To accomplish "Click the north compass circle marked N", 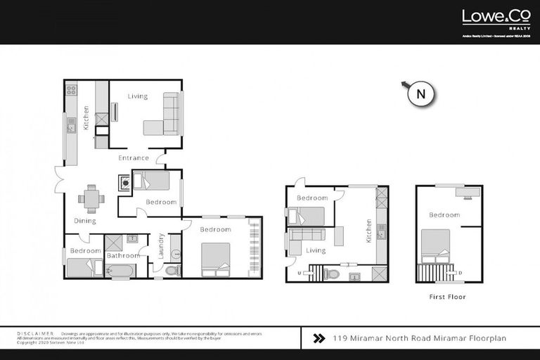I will click(x=420, y=93).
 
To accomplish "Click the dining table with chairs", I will click(x=91, y=198).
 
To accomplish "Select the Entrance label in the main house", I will click(x=133, y=157).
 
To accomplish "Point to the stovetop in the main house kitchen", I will click(x=71, y=90).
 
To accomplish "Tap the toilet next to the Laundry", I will click(x=174, y=269).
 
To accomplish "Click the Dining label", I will click(x=85, y=221).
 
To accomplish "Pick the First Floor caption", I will click(x=447, y=297).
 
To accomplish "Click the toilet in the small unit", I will click(x=333, y=273).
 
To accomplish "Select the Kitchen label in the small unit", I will click(x=368, y=231).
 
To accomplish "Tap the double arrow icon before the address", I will click(x=318, y=338).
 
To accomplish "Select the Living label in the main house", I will click(x=138, y=96).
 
